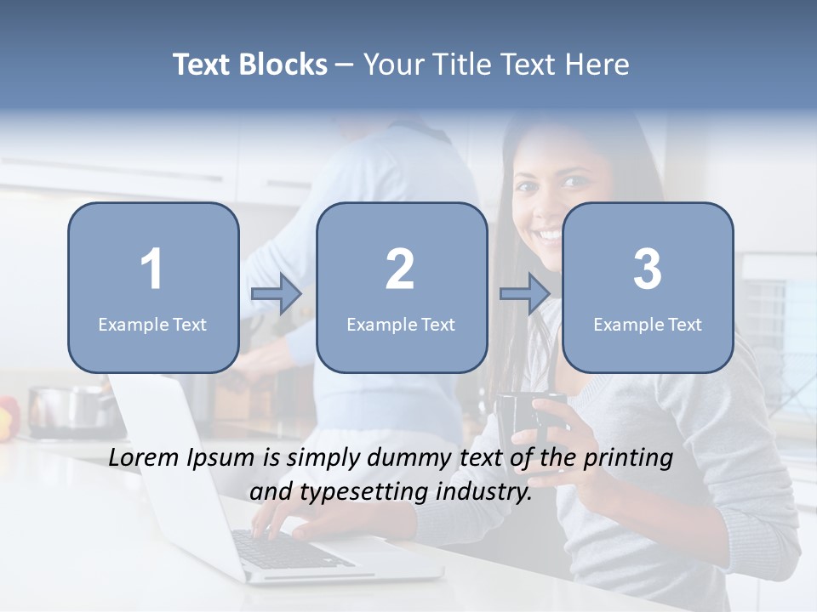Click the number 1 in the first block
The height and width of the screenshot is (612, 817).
click(152, 269)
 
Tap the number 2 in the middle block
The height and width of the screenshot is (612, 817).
click(400, 269)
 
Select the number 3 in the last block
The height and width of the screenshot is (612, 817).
click(648, 269)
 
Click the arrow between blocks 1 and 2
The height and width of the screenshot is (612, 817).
click(277, 294)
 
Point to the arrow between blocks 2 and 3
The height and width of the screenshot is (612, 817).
click(525, 294)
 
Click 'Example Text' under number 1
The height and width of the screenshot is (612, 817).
click(152, 324)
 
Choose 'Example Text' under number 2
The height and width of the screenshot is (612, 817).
click(401, 324)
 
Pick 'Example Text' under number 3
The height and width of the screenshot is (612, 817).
click(648, 324)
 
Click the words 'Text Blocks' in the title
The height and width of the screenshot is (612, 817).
click(250, 65)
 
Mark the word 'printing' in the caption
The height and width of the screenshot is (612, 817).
click(627, 459)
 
